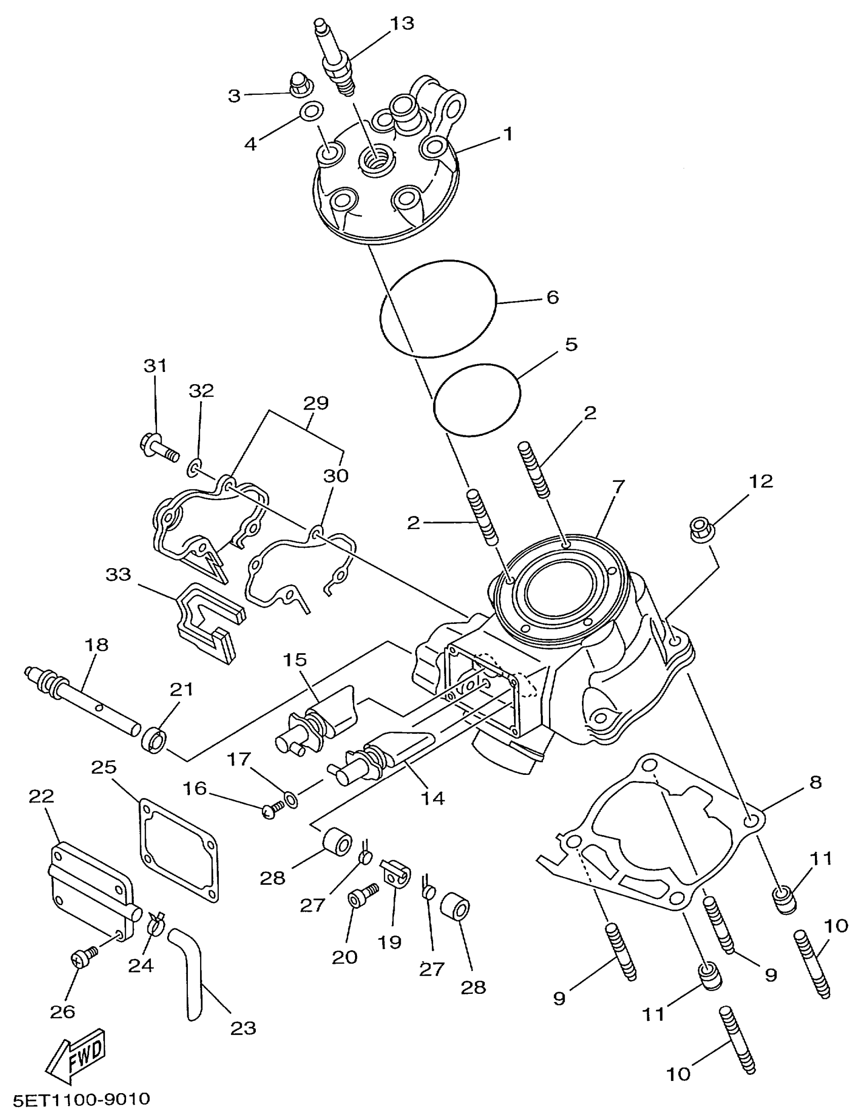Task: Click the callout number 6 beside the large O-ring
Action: pyautogui.click(x=553, y=297)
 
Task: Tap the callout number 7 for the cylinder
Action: pyautogui.click(x=618, y=487)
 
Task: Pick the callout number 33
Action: pyautogui.click(x=119, y=575)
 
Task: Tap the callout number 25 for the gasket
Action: pyautogui.click(x=104, y=768)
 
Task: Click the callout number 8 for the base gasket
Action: pyautogui.click(x=815, y=782)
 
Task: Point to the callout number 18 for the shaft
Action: pyautogui.click(x=96, y=645)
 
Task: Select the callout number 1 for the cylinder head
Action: pyautogui.click(x=507, y=134)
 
